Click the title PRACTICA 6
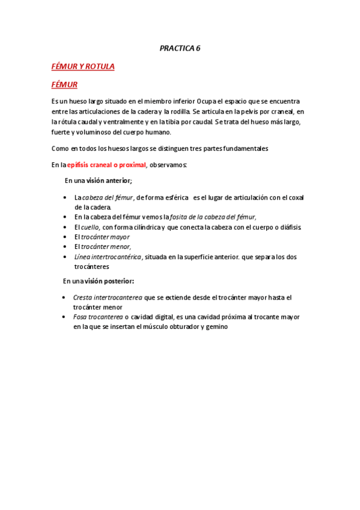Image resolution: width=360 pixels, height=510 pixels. (180, 49)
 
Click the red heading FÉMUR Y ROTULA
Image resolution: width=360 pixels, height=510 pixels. (83, 66)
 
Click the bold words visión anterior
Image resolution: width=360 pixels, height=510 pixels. (108, 180)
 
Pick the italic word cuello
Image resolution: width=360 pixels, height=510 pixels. (90, 227)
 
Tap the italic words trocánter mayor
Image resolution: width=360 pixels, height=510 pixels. (105, 236)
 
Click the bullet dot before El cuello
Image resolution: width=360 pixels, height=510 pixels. (64, 227)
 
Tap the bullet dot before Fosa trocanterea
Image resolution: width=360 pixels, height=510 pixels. (64, 317)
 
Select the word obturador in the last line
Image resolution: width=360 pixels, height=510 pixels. (180, 327)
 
